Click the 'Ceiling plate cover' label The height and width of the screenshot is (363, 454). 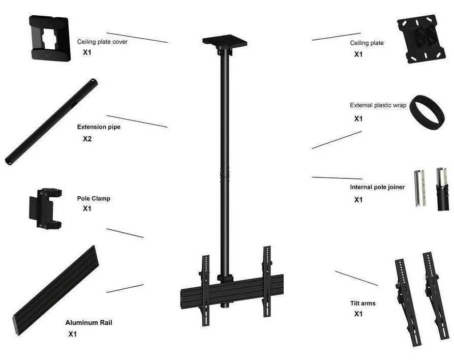point(102,42)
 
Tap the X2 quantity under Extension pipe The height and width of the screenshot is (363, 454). point(87,139)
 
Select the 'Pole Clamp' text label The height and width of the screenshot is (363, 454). point(94,199)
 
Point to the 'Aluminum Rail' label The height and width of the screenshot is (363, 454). point(88,322)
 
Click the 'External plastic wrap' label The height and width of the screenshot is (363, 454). point(378,105)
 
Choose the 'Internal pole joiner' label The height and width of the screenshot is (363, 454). point(377,187)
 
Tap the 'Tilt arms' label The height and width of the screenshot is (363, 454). point(363,303)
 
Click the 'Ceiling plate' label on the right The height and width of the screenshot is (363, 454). point(367,43)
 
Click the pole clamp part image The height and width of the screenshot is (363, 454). point(45,208)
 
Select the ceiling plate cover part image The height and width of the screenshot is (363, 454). point(50,38)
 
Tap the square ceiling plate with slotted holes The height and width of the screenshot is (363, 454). point(421,39)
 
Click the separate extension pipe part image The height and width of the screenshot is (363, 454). point(51,122)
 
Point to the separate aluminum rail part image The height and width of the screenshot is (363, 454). point(56,290)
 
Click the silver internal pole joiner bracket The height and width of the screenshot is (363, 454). point(419,188)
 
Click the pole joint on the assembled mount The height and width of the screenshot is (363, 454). point(225,174)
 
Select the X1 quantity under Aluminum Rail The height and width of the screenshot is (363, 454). point(72,334)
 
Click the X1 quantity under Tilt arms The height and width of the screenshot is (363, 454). point(358,314)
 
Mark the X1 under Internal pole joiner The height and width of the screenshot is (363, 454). point(358,200)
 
